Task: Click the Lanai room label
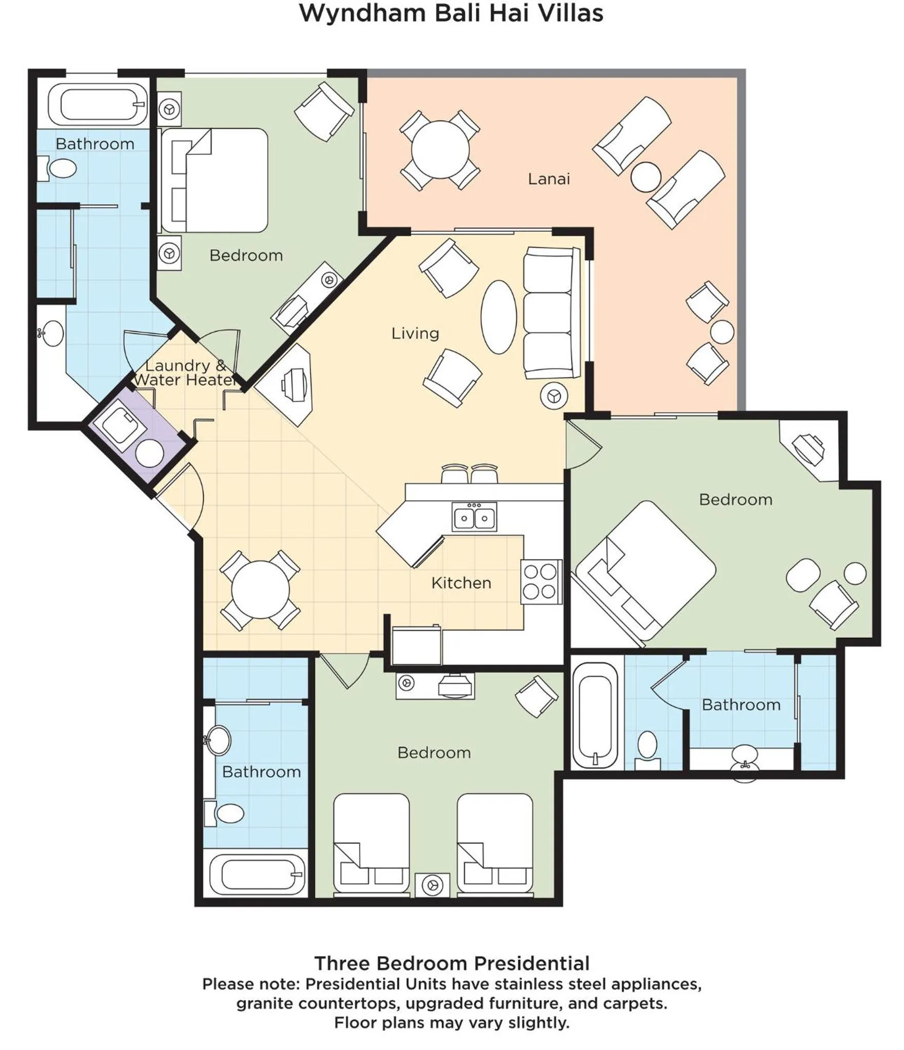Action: (548, 179)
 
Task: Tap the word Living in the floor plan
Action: (415, 333)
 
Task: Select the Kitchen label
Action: (461, 583)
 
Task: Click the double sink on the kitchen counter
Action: (474, 517)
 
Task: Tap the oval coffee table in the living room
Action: (498, 317)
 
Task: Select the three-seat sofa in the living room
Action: (549, 313)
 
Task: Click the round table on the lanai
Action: (440, 150)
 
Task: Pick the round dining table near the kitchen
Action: (260, 590)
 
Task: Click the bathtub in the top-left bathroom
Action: (97, 104)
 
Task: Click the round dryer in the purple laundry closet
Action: (149, 453)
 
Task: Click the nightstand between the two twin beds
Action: (433, 885)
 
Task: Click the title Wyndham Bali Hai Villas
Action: (451, 14)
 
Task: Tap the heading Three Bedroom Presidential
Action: (451, 963)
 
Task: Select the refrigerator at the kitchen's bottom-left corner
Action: (416, 645)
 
